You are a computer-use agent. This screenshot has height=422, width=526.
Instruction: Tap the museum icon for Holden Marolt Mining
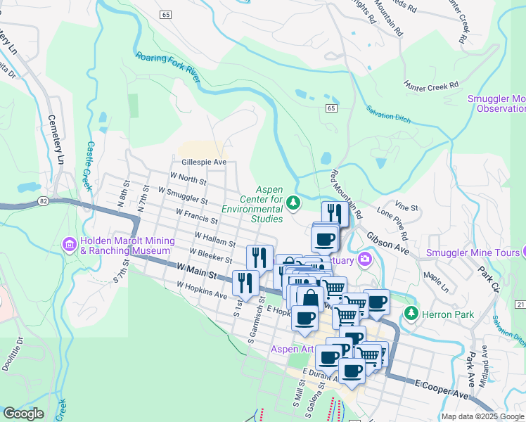click(70, 245)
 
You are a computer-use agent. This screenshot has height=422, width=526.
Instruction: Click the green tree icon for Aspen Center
click(293, 203)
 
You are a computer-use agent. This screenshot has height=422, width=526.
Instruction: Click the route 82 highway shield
click(44, 201)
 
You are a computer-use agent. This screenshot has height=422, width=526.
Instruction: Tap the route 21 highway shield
click(520, 303)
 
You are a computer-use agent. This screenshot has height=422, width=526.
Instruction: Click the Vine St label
click(406, 207)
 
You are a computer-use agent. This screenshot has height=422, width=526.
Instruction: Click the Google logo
click(24, 414)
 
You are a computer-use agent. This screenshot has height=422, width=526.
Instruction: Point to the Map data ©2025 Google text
click(482, 416)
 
